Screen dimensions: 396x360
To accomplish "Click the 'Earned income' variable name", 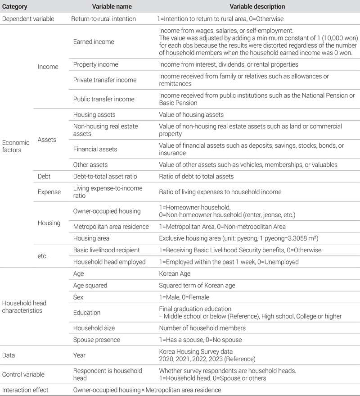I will (94, 41).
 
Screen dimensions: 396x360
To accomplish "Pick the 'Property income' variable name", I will (96, 65).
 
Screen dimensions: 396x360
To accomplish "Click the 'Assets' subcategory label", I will (47, 140).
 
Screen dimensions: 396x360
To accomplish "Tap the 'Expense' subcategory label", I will (49, 192).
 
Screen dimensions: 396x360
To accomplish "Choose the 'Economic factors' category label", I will (16, 146).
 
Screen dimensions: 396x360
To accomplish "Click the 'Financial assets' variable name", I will (95, 149).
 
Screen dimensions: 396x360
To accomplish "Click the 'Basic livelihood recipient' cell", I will (106, 250).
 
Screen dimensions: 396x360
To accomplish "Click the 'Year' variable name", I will (80, 355).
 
